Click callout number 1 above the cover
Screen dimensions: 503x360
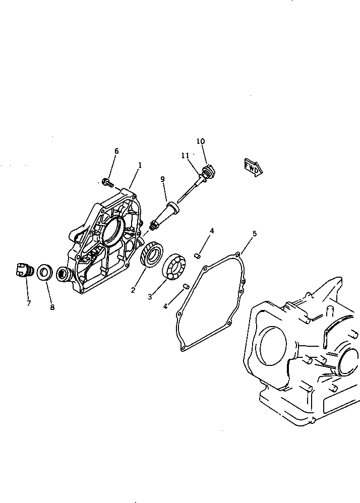(140, 165)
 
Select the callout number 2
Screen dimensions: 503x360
(133, 290)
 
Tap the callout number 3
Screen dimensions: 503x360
(150, 297)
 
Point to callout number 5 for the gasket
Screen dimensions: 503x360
(255, 233)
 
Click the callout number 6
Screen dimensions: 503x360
(116, 151)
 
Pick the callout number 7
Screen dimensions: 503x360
(29, 303)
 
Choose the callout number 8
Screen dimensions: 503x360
(52, 307)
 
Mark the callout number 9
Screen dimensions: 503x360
(162, 179)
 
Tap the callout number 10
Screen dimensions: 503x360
(201, 141)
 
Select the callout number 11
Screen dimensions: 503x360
(185, 156)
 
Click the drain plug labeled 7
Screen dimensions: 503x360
(23, 271)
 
